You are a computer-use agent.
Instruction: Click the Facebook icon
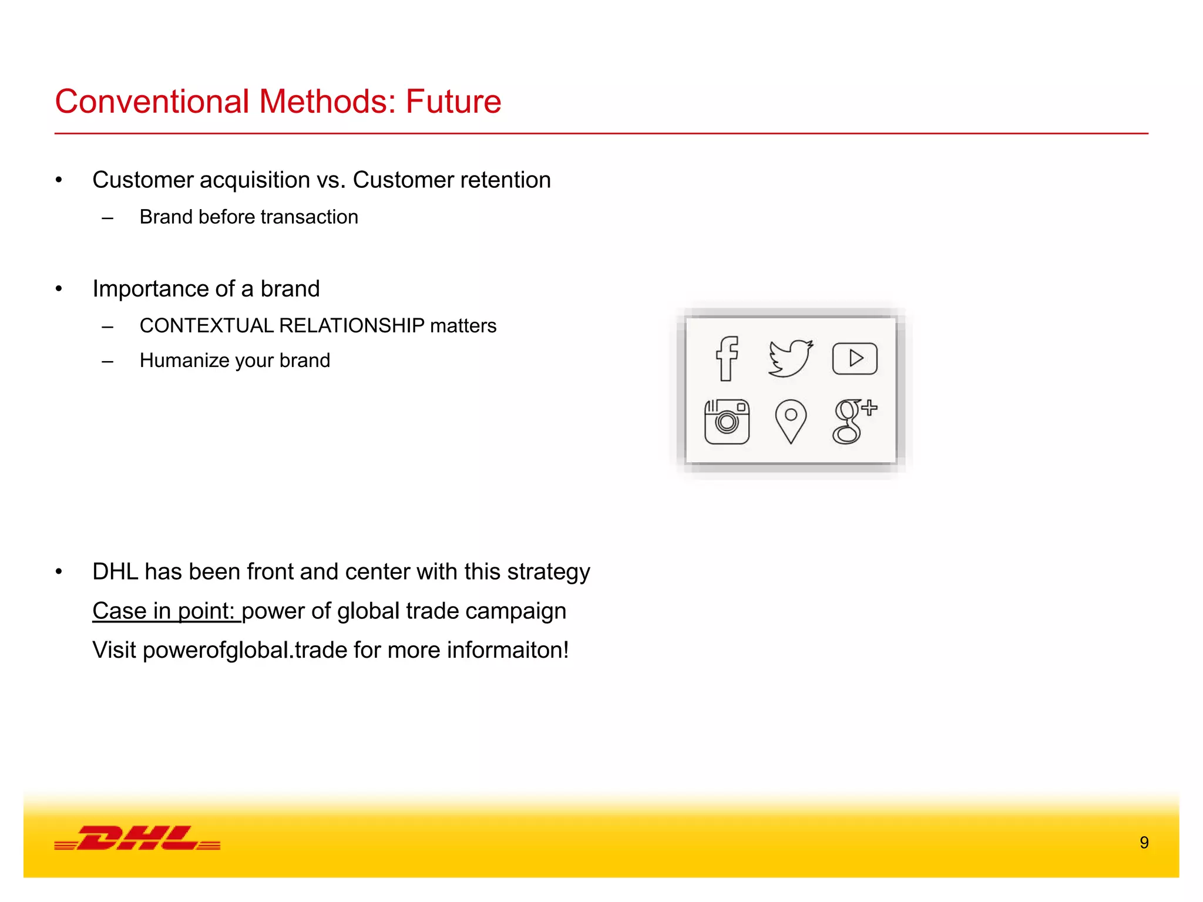click(x=727, y=358)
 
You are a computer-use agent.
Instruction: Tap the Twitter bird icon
click(x=791, y=358)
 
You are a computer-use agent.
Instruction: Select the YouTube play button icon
click(x=855, y=358)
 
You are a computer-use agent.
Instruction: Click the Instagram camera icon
click(x=727, y=422)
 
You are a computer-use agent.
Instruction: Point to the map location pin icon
click(x=791, y=420)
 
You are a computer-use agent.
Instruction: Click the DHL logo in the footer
click(x=137, y=838)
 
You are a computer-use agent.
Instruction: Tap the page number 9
click(x=1144, y=843)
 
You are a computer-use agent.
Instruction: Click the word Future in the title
click(x=453, y=102)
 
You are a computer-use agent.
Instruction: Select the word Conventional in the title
click(x=152, y=102)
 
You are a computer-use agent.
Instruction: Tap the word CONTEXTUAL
click(x=206, y=325)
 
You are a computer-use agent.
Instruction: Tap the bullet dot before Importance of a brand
click(x=59, y=289)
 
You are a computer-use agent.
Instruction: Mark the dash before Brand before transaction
click(x=107, y=218)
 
